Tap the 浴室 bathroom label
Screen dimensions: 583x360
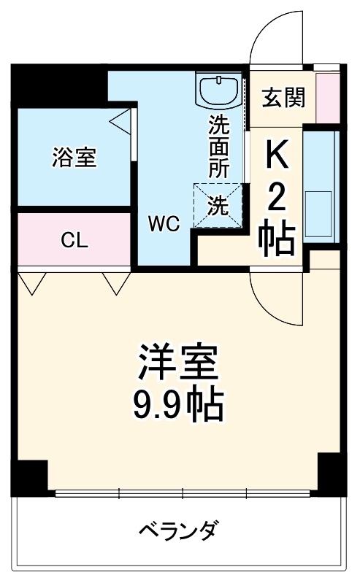pyautogui.click(x=74, y=157)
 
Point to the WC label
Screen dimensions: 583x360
pyautogui.click(x=164, y=224)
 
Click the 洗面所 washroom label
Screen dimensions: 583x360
pyautogui.click(x=218, y=146)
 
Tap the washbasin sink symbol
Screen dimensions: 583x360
pyautogui.click(x=218, y=91)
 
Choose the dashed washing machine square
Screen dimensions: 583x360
pyautogui.click(x=218, y=206)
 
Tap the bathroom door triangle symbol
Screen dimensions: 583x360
pyautogui.click(x=121, y=120)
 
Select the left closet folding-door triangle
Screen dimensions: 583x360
pyautogui.click(x=31, y=282)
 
